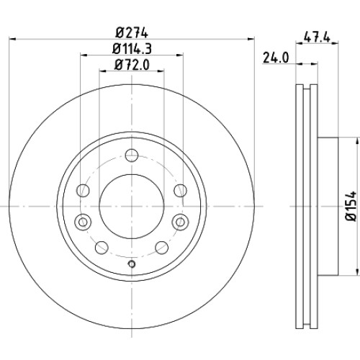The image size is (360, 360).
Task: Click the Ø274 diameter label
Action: click(131, 33)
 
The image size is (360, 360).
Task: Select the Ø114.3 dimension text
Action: click(132, 49)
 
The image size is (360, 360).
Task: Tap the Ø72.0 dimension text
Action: click(132, 65)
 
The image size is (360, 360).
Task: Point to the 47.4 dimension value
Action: click(317, 37)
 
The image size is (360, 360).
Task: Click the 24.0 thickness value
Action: click(276, 58)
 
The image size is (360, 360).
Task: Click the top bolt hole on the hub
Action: click(132, 155)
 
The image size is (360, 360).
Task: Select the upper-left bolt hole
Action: click(83, 191)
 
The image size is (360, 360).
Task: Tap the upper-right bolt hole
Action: click(181, 191)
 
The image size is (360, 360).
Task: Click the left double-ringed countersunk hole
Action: click(83, 222)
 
